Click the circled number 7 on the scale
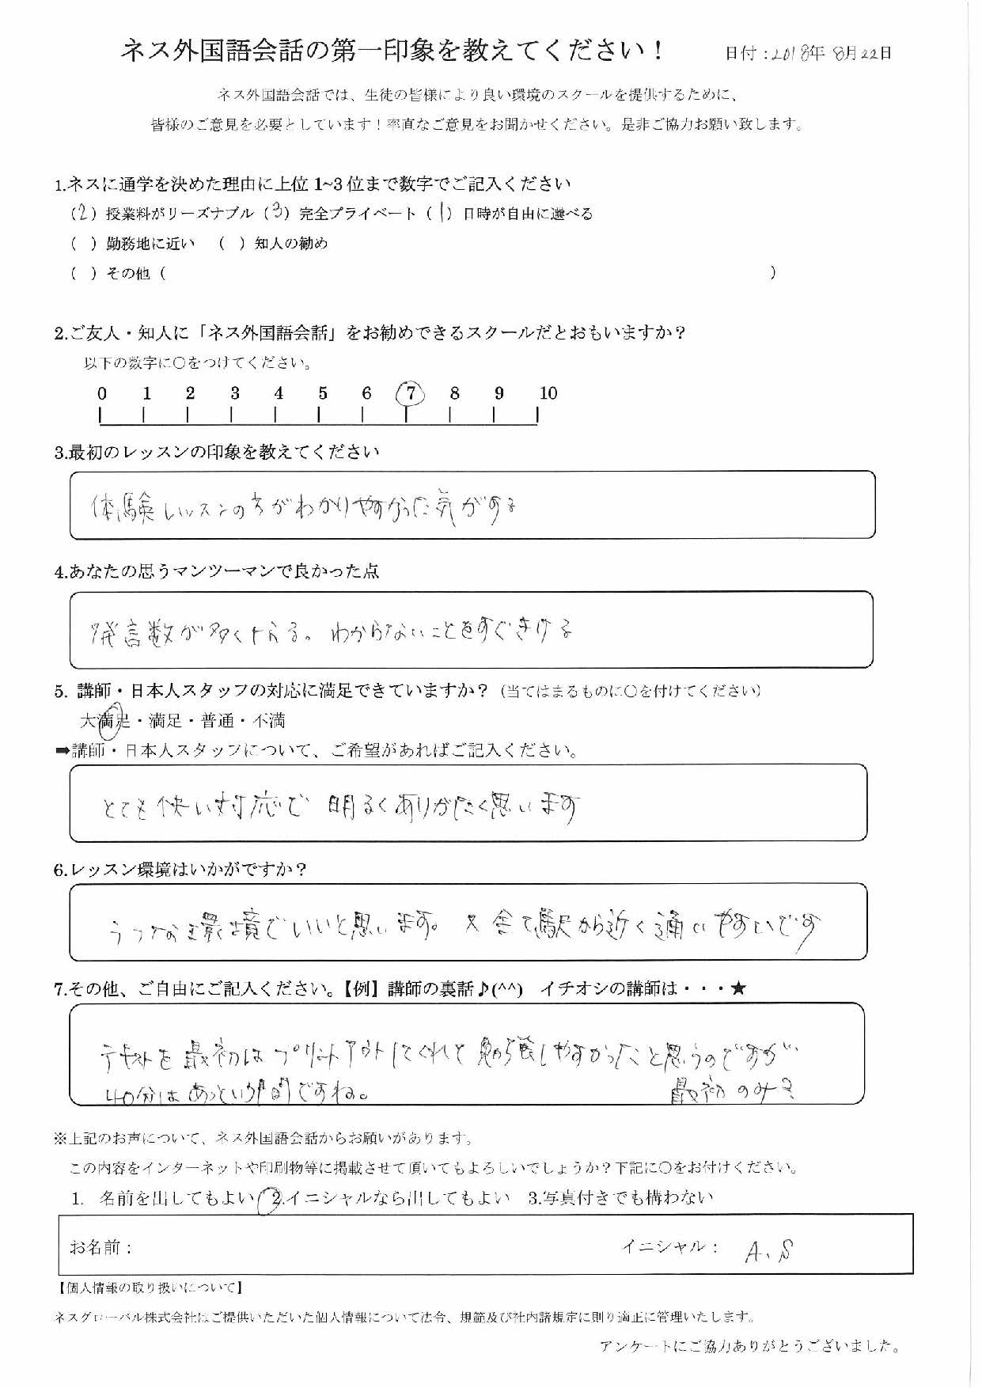click(410, 393)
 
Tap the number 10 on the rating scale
click(548, 393)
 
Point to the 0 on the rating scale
click(101, 393)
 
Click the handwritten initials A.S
click(769, 1250)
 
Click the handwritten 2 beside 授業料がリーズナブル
click(83, 214)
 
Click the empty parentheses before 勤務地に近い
click(83, 244)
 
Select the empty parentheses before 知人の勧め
click(231, 244)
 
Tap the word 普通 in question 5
click(218, 721)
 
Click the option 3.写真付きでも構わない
click(620, 1198)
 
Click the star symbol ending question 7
click(738, 988)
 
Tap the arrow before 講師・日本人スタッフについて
click(62, 751)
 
